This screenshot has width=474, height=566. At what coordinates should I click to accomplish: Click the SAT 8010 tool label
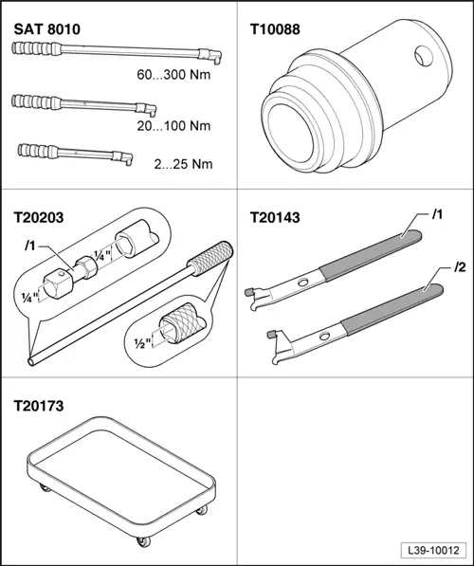point(47,29)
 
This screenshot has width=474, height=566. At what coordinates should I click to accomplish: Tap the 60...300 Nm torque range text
point(173,75)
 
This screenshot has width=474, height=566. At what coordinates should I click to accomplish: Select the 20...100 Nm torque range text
point(173,126)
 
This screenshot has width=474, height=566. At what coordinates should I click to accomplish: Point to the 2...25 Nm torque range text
point(183,164)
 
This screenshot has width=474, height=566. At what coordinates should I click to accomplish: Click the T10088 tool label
point(275,29)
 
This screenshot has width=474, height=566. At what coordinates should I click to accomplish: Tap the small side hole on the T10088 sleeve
point(424,56)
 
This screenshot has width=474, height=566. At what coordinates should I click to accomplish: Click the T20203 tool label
point(39,218)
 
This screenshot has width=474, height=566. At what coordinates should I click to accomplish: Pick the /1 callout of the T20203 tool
point(30,246)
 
